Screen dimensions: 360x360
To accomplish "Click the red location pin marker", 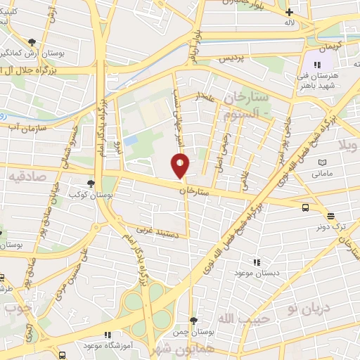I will point(181,166).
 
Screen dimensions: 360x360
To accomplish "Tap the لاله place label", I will point(288,23).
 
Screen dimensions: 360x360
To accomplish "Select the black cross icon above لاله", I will point(288,12).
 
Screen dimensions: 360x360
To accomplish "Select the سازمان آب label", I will point(28,129).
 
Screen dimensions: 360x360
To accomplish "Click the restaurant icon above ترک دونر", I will point(331,216).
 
